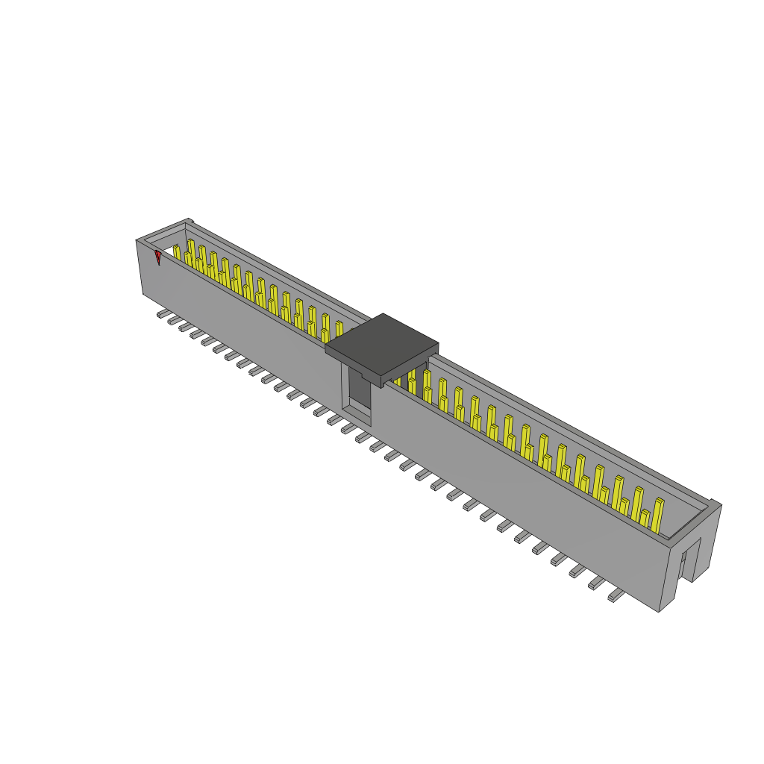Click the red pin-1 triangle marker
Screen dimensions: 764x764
[157, 257]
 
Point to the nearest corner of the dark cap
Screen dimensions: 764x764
[382, 386]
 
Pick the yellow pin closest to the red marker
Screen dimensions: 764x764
[176, 252]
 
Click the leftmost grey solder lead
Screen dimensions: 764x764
[163, 316]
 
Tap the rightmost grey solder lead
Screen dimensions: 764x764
[616, 595]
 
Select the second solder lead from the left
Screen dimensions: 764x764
[174, 322]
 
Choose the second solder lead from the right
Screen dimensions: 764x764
[597, 583]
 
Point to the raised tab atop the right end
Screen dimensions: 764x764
[714, 504]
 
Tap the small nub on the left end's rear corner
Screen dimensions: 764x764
[190, 220]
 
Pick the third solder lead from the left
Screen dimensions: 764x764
[185, 328]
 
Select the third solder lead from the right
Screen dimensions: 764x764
[577, 572]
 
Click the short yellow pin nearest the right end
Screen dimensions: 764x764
[644, 519]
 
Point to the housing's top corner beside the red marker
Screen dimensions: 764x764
[137, 240]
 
